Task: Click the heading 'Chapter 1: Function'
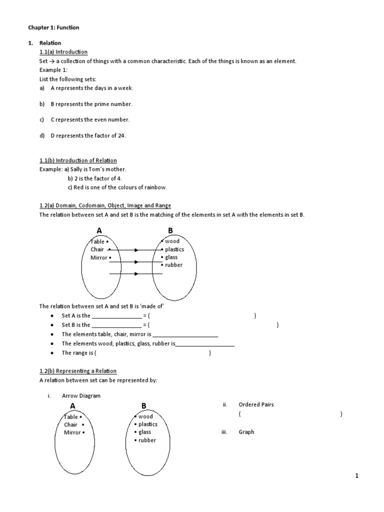53,28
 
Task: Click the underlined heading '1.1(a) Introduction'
63,52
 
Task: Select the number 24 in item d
121,136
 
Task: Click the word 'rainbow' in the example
156,187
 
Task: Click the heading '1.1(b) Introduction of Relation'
78,161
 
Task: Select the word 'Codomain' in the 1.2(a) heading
93,206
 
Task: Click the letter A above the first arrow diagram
99,230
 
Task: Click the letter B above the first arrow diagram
170,230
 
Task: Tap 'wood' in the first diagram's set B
172,241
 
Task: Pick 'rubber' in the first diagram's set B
174,265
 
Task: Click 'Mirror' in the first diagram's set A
99,258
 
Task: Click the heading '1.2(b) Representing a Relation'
78,371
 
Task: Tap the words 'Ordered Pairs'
256,405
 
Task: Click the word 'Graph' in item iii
246,432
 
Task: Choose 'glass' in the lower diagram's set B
144,432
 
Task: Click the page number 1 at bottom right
357,476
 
